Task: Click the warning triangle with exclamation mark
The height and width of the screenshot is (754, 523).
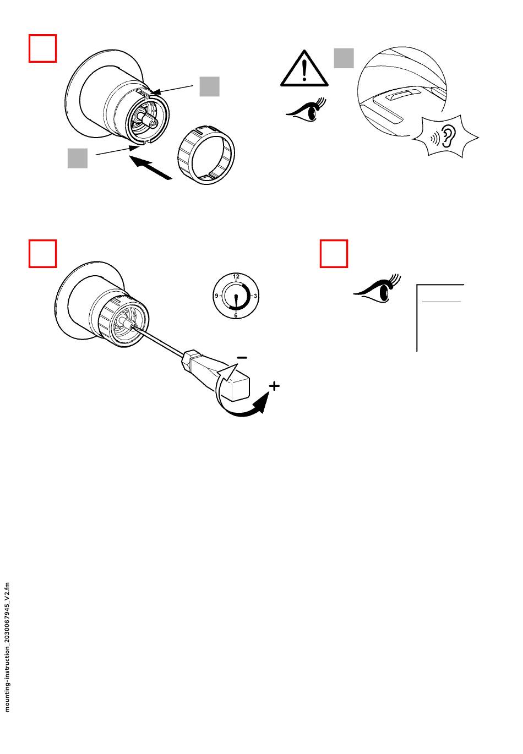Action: (304, 68)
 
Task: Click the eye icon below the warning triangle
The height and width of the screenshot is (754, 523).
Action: (306, 110)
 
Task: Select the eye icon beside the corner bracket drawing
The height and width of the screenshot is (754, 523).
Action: (377, 289)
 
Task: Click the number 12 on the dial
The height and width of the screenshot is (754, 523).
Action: (236, 276)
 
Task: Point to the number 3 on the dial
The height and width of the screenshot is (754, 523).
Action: (255, 296)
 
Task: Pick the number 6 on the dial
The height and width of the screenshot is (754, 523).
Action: (236, 315)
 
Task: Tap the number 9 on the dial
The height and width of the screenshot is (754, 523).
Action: (216, 296)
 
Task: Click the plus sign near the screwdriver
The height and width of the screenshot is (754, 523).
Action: (275, 386)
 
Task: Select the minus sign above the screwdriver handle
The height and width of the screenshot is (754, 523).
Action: (242, 358)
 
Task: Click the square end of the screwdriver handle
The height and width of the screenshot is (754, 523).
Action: (238, 389)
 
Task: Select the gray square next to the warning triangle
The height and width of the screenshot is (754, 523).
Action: (344, 58)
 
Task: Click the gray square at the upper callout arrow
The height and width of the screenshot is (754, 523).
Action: (209, 86)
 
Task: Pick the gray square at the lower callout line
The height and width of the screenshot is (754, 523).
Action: (78, 158)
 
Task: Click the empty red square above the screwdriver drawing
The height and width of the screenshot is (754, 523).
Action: (42, 254)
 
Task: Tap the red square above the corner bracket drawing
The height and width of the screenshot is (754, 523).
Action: (334, 254)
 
